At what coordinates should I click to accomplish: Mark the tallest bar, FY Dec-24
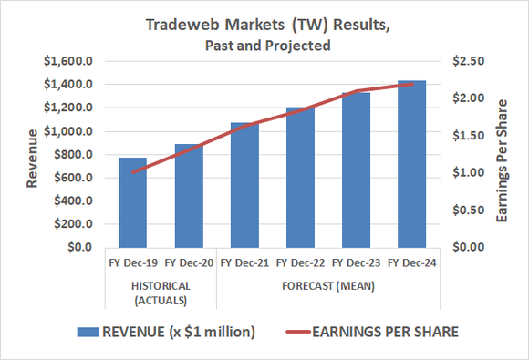tap(412, 164)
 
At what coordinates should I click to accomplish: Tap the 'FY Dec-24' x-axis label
tap(412, 262)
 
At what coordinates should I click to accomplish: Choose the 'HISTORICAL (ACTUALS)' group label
tap(161, 291)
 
